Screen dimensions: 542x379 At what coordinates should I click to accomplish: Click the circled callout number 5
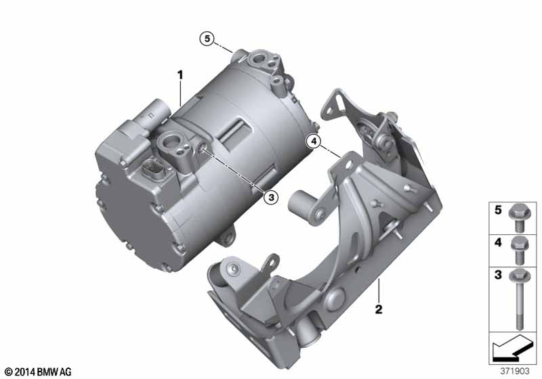pos(207,39)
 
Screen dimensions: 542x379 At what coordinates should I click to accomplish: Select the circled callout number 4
pos(314,141)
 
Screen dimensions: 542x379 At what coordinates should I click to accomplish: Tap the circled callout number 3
pos(270,197)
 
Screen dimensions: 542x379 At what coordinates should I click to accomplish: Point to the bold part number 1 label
pos(180,75)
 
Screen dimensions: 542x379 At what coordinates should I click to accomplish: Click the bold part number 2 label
pos(379,309)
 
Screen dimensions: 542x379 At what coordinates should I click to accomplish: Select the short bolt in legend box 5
pos(518,218)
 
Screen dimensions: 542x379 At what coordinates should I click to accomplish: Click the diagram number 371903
pos(515,371)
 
